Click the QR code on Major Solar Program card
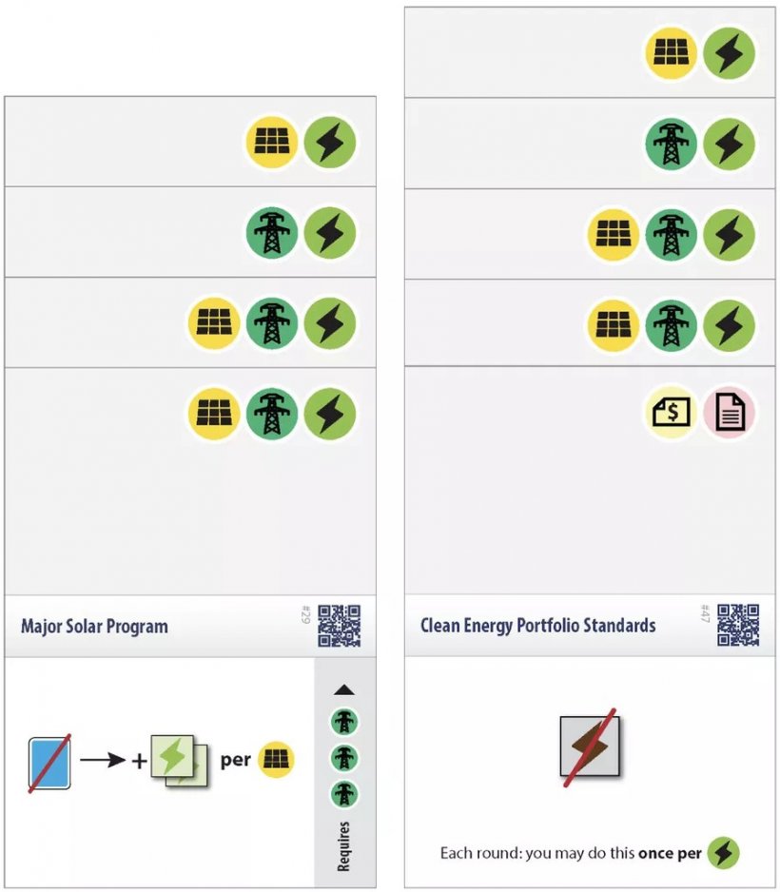click(x=339, y=626)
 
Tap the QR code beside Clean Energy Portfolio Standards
click(x=738, y=625)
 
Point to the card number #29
click(x=304, y=614)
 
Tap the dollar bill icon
click(x=671, y=412)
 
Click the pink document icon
click(x=730, y=412)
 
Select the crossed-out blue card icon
click(x=49, y=763)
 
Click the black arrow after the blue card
click(x=103, y=760)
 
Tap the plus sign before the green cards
click(x=140, y=761)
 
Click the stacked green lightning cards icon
click(x=179, y=761)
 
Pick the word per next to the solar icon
click(x=236, y=760)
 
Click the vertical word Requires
click(x=343, y=846)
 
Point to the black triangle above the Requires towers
click(x=344, y=689)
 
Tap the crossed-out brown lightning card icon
click(x=590, y=747)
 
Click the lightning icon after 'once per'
click(x=723, y=852)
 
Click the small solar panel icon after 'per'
click(x=276, y=759)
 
